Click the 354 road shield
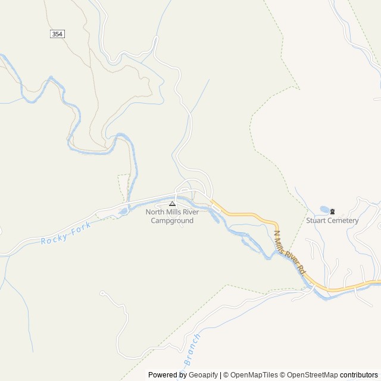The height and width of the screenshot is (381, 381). coord(57,34)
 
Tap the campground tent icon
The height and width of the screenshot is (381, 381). coord(172,204)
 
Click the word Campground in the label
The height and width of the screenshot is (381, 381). coord(172,221)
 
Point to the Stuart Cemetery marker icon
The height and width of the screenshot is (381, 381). coord(332,211)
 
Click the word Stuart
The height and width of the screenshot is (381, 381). coord(316,220)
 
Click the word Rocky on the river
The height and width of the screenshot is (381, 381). coord(54,238)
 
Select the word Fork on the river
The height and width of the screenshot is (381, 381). coord(83,227)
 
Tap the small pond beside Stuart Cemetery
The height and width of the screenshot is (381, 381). coord(324,210)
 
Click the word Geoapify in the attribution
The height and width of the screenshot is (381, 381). coord(203,375)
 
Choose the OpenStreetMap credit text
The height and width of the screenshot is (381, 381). coord(314,375)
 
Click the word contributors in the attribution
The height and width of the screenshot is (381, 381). coord(359,375)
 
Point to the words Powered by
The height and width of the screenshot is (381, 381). coord(167,375)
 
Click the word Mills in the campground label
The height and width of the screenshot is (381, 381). coord(178,212)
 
